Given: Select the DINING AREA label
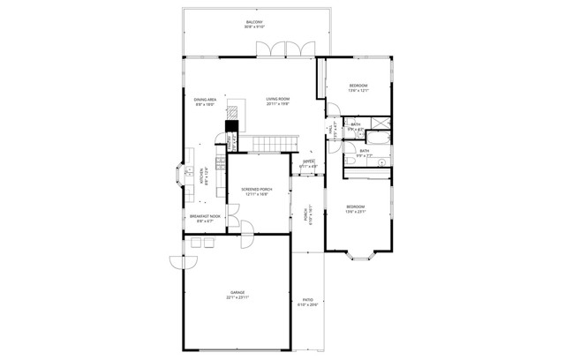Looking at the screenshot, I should tap(206, 100).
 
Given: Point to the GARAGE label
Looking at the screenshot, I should tap(237, 293).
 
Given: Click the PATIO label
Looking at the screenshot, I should tap(306, 300).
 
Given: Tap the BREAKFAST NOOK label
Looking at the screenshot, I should tap(205, 216).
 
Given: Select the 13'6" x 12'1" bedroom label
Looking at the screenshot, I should tap(357, 86).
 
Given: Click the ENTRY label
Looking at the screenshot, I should tap(308, 161).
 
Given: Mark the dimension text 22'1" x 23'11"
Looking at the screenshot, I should tap(237, 298).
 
